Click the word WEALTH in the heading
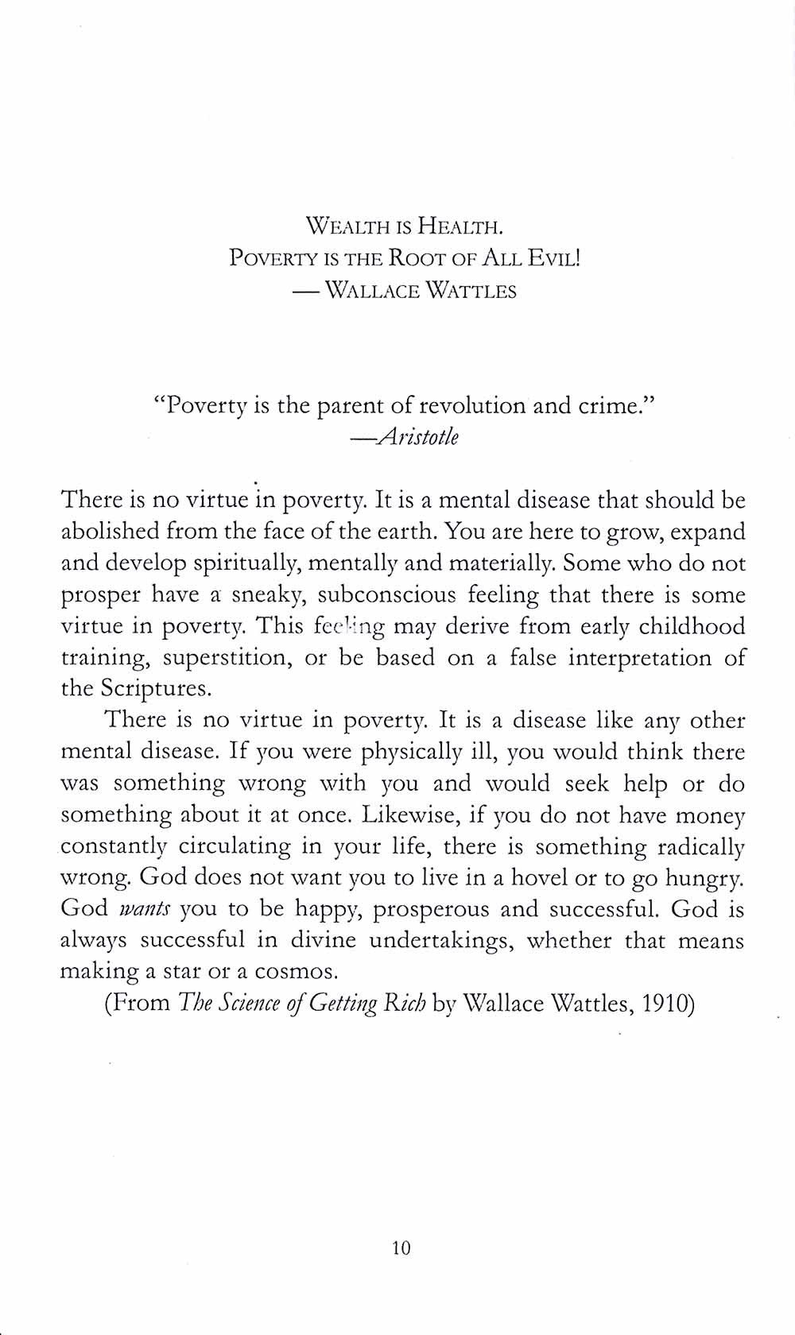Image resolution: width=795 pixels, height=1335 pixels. coord(344,228)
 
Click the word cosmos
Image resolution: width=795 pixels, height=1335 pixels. coord(297,972)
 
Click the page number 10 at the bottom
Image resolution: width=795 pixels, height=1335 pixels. coord(401,1248)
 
